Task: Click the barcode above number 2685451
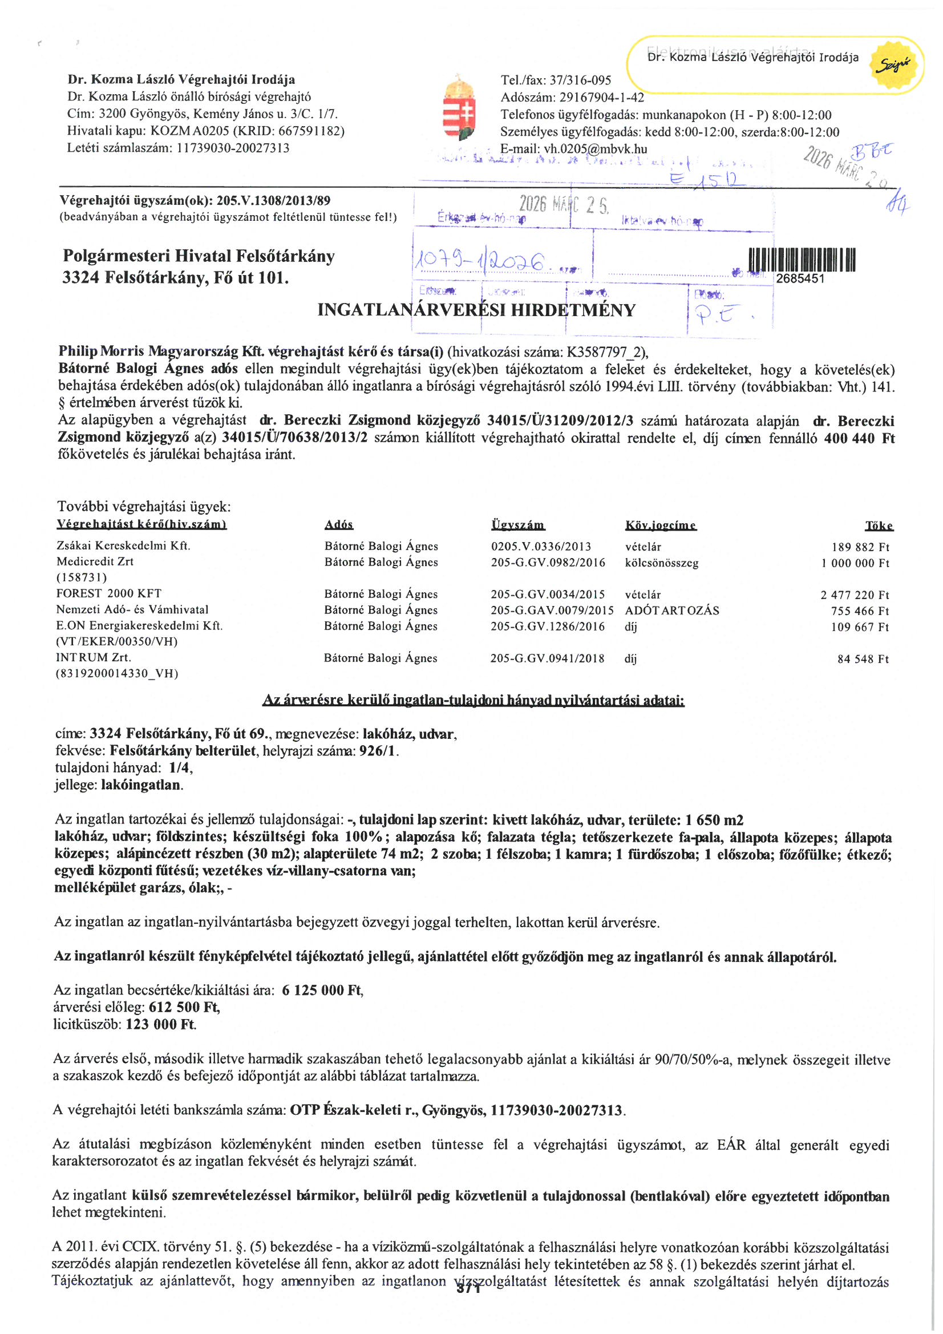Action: pos(802,260)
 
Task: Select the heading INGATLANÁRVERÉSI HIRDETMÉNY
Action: pos(476,310)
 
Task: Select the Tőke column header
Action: pos(879,526)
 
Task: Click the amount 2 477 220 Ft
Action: pos(855,595)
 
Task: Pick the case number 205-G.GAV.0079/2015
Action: pos(552,611)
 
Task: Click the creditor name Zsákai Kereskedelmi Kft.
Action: pos(123,545)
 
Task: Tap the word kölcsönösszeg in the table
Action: pos(661,563)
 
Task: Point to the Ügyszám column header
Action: pos(517,525)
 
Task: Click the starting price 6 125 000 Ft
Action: pos(322,990)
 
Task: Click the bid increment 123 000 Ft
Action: pos(160,1024)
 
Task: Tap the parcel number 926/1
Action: pos(378,751)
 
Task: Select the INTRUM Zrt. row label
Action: pos(94,658)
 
